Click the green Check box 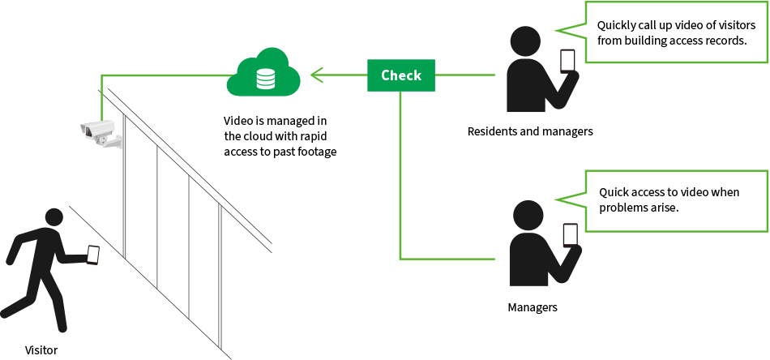[400, 75]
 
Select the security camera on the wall [100, 132]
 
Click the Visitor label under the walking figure [41, 349]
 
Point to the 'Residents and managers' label [530, 131]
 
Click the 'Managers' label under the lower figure [533, 307]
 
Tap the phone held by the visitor [93, 255]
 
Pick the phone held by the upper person [567, 61]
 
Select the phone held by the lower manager [571, 235]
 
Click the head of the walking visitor [54, 217]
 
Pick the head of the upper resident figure [525, 41]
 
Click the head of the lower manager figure [528, 215]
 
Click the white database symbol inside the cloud [264, 79]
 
